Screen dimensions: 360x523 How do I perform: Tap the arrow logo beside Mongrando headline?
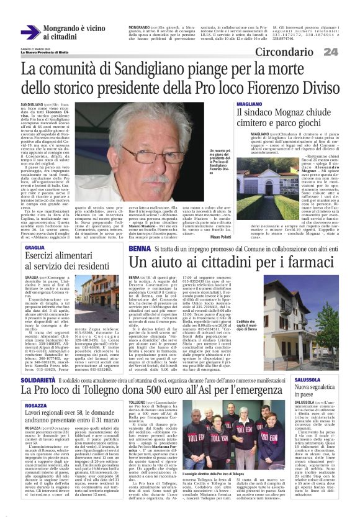click(30, 32)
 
